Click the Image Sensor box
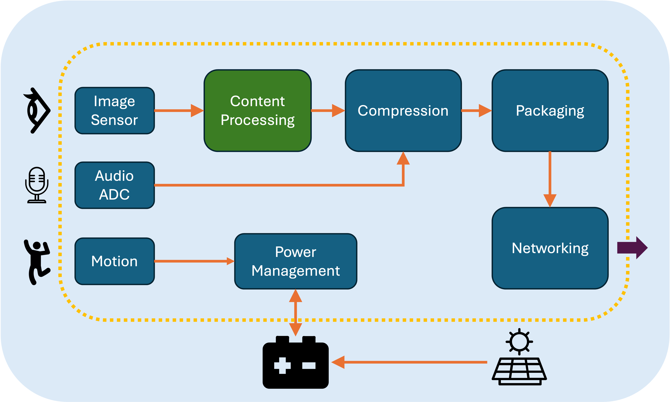coord(115,111)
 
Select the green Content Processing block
coord(258,111)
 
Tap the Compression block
coord(403,111)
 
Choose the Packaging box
coord(550,111)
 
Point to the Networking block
coord(550,248)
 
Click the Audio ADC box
coord(115,185)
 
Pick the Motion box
coord(115,261)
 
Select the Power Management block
coord(295,261)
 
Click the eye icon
coord(37,111)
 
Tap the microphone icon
coord(37,185)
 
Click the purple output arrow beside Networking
coord(632,248)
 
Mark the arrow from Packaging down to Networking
coord(550,179)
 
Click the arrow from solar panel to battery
coord(409,362)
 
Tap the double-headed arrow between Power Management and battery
coord(295,313)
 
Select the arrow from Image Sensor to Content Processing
coord(179,111)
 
